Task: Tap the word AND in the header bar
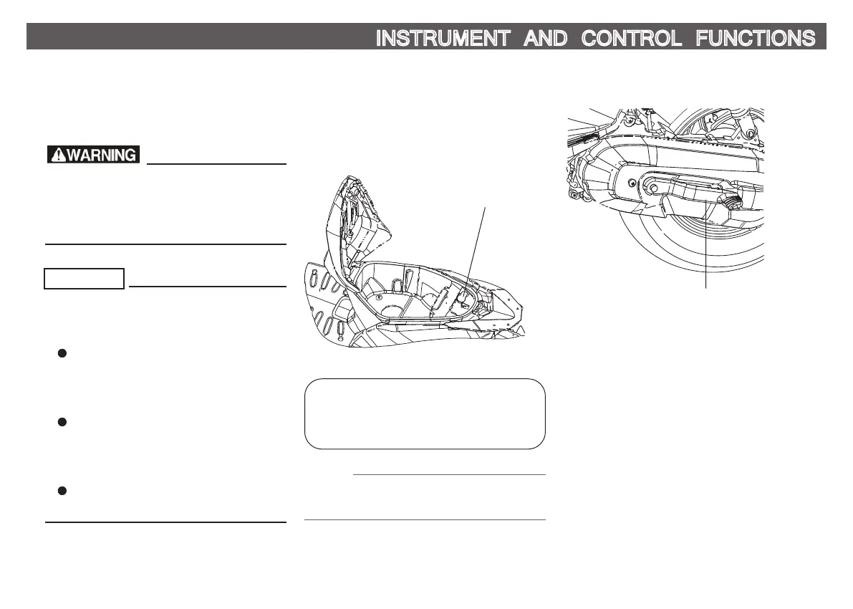[x=545, y=38]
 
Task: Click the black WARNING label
[x=93, y=154]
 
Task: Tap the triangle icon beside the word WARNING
[x=57, y=154]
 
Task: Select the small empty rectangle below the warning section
[x=85, y=278]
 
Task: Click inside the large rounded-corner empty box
[x=425, y=413]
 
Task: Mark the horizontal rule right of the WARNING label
[x=216, y=163]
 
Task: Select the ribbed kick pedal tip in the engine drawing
[x=731, y=203]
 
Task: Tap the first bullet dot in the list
[x=62, y=353]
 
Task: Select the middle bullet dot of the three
[x=62, y=422]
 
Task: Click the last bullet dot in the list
[x=62, y=491]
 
